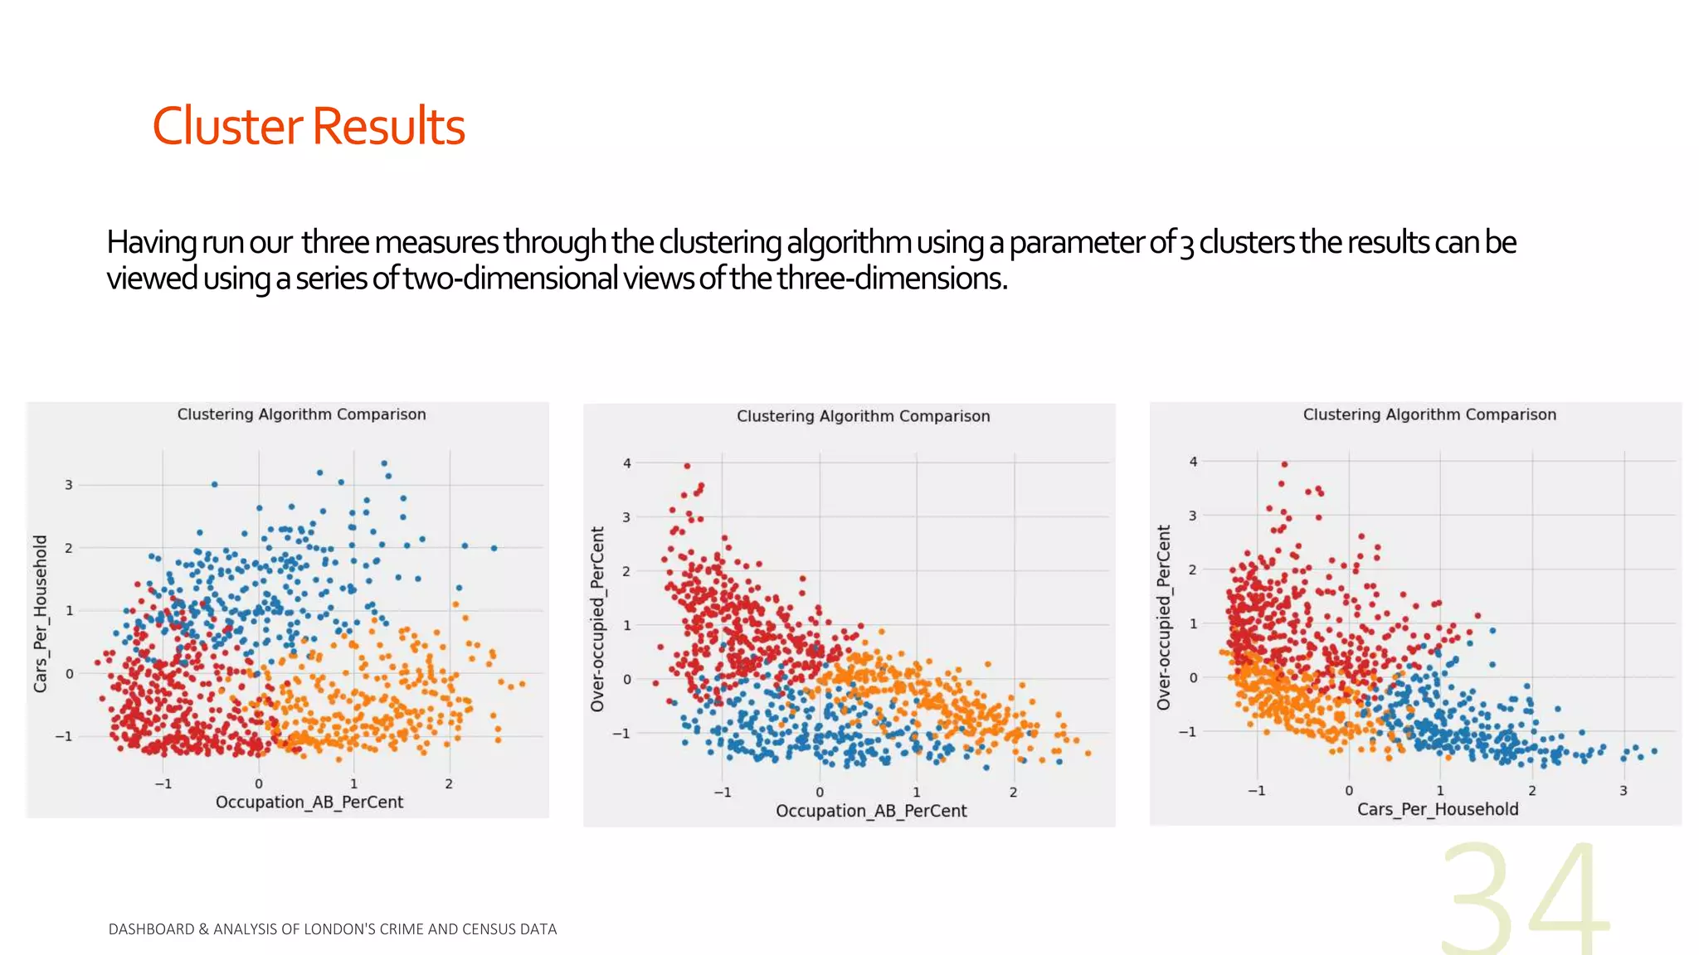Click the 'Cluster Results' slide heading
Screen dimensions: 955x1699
308,126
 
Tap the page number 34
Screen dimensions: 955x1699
1525,899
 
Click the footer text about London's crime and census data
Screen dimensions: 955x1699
333,929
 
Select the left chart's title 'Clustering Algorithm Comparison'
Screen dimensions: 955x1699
301,414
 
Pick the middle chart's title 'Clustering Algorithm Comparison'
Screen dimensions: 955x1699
863,416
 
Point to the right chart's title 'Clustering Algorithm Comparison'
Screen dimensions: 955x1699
1429,414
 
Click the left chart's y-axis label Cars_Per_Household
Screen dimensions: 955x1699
41,613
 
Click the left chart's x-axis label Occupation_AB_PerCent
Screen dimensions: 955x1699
309,802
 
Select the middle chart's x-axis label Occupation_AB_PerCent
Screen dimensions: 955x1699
871,811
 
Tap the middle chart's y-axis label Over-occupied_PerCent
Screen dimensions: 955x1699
597,618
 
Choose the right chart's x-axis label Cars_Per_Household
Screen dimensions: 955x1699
1437,809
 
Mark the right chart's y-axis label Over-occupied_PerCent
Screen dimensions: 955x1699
1163,617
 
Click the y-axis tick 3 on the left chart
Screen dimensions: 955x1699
69,485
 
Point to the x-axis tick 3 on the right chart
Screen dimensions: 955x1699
1624,791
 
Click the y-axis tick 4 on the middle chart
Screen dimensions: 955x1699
627,463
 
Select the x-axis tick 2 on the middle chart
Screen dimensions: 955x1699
1013,793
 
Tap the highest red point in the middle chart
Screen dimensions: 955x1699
688,466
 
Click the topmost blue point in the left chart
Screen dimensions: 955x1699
383,463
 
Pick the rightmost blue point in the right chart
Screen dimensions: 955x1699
1654,751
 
